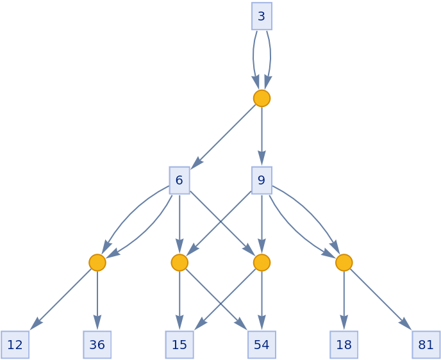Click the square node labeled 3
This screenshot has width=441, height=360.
click(x=262, y=16)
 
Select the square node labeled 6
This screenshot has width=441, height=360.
click(x=179, y=180)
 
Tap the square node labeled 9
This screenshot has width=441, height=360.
click(x=262, y=180)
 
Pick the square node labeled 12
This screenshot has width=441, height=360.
click(x=15, y=345)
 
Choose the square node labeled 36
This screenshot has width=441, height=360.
click(x=97, y=345)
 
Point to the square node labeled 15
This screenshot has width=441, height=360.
click(x=179, y=345)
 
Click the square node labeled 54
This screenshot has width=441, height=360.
click(x=262, y=345)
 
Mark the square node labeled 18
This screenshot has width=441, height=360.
click(x=344, y=345)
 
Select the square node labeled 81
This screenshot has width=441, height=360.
click(x=426, y=345)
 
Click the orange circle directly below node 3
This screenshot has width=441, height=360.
click(x=262, y=98)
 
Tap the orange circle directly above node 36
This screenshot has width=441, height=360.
click(x=97, y=263)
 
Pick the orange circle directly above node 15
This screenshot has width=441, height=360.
click(x=179, y=263)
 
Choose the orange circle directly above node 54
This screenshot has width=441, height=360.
click(x=262, y=263)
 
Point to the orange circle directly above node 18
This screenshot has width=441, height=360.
click(x=344, y=263)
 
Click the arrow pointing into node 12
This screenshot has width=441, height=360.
click(x=61, y=299)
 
